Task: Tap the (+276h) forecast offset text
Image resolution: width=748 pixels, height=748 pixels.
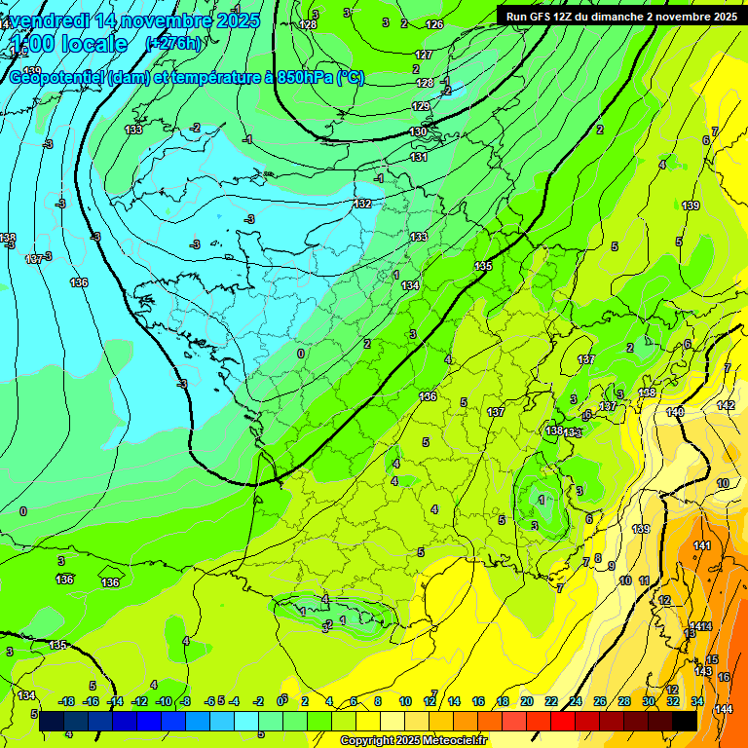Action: (174, 44)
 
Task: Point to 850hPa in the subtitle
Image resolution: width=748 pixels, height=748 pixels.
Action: (298, 78)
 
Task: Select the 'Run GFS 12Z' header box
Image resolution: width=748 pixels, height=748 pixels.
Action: (620, 16)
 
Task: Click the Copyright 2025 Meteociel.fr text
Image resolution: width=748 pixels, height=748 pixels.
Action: (413, 740)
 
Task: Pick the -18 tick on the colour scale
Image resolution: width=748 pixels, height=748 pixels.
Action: (67, 701)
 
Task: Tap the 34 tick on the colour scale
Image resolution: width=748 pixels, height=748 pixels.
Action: (697, 701)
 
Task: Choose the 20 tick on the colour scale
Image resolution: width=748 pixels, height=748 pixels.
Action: (527, 701)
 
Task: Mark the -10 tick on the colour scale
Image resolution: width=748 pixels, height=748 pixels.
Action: (164, 701)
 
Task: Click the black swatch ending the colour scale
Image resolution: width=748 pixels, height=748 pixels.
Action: (685, 721)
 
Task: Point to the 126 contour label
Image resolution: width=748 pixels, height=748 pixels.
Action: (434, 24)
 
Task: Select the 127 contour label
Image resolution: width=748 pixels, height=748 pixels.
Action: (424, 56)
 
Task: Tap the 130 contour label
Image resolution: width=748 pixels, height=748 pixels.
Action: (418, 131)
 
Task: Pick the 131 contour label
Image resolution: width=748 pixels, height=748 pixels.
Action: (419, 157)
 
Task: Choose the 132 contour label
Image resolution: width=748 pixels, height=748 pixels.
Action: (363, 204)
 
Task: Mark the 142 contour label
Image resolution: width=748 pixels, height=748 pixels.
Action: (726, 405)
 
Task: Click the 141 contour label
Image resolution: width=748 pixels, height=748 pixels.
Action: (702, 546)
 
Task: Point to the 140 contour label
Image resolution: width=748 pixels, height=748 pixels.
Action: (675, 412)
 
